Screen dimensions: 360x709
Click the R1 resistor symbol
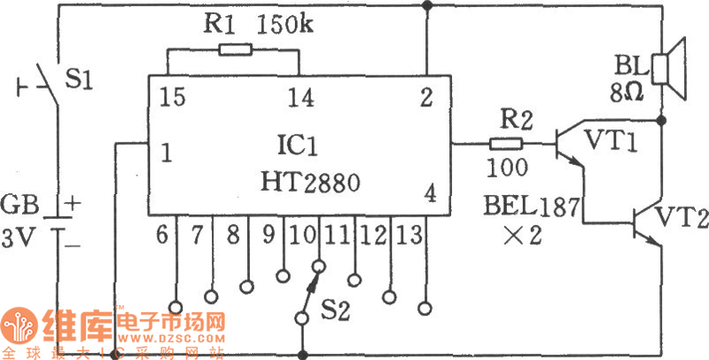(x=234, y=51)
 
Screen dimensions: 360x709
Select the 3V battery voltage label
(x=19, y=237)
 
